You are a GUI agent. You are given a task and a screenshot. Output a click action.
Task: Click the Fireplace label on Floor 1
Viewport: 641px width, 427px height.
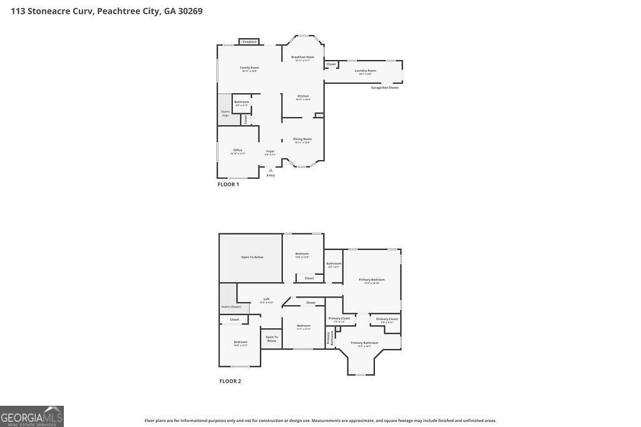click(x=249, y=42)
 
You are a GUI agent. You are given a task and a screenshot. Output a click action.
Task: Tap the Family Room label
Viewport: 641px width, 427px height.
click(x=249, y=68)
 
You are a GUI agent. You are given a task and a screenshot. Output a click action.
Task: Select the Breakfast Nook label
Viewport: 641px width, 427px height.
click(x=302, y=57)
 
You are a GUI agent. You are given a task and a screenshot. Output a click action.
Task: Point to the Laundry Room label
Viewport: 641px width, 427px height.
click(x=365, y=71)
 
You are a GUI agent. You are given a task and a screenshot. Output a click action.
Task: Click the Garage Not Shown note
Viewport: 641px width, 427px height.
click(x=384, y=88)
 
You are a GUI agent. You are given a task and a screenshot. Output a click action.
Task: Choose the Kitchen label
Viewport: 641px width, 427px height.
click(x=303, y=96)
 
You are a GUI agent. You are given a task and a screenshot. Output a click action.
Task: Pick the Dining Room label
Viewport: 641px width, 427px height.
click(x=302, y=139)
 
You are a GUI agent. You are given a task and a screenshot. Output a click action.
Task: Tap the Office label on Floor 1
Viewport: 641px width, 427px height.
click(x=238, y=150)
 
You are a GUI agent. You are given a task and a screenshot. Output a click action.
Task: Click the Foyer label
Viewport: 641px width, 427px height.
click(x=270, y=151)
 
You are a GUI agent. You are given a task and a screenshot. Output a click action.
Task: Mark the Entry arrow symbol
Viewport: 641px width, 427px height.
click(x=270, y=169)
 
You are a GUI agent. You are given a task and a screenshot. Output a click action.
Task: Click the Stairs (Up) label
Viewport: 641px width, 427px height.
click(x=225, y=113)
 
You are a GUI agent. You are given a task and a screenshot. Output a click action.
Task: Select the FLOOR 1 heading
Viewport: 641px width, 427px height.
click(x=228, y=184)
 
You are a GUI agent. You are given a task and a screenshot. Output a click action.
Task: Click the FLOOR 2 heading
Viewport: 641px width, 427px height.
click(x=230, y=381)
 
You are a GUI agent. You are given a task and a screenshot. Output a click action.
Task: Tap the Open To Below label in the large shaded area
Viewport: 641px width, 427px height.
click(x=252, y=257)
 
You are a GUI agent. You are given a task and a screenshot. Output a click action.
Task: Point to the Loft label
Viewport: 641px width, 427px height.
click(x=267, y=299)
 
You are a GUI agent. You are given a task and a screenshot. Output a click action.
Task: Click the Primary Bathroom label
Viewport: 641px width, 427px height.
click(x=364, y=343)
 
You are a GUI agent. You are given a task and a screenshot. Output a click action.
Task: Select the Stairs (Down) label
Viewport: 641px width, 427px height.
click(x=231, y=306)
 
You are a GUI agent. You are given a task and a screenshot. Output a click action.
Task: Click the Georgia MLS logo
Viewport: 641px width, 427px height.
click(x=32, y=416)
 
